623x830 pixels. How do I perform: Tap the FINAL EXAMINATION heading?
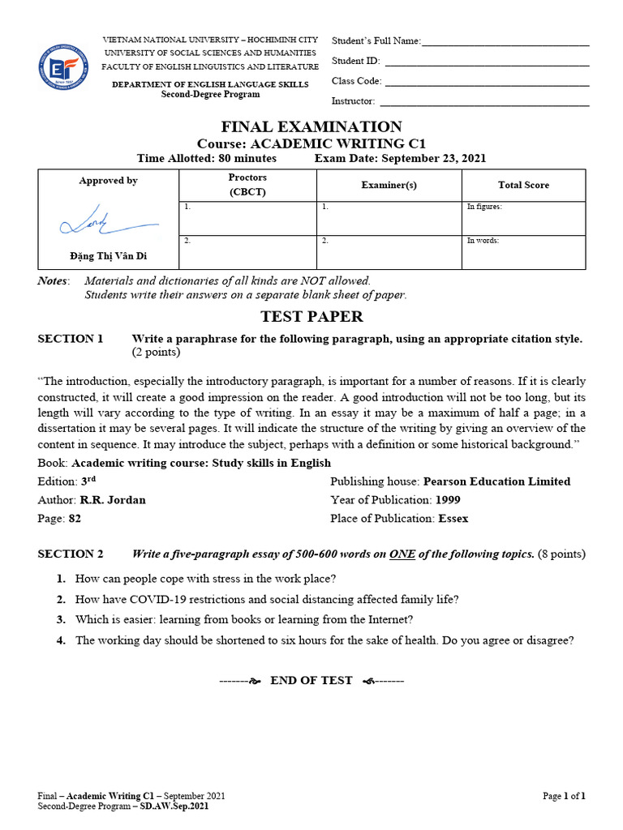click(311, 126)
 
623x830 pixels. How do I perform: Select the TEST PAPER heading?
click(311, 316)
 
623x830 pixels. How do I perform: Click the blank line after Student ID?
click(487, 61)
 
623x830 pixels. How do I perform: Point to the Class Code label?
click(356, 81)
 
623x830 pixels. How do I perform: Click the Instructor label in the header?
click(353, 101)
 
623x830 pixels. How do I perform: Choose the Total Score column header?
click(523, 185)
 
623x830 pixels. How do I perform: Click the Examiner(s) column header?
click(389, 185)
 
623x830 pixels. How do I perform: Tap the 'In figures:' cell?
click(523, 217)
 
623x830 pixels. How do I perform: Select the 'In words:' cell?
click(523, 251)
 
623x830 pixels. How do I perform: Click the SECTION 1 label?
click(71, 339)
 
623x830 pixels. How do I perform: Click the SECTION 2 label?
click(71, 554)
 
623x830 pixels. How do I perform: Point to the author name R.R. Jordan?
click(113, 500)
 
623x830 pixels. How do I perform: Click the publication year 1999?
click(448, 500)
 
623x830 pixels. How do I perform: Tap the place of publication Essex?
click(453, 519)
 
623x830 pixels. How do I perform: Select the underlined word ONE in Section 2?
click(402, 554)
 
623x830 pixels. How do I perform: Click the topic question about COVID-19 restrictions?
click(267, 600)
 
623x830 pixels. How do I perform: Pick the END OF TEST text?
click(311, 680)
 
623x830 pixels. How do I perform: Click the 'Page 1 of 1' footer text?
click(563, 796)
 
